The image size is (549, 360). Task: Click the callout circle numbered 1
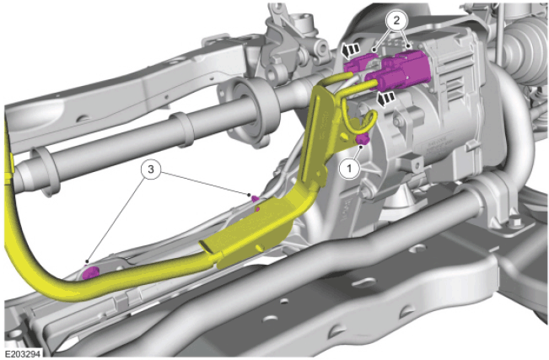click(349, 169)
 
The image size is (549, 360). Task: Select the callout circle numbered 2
click(396, 20)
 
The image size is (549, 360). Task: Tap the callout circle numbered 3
click(151, 169)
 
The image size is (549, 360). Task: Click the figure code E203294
click(23, 353)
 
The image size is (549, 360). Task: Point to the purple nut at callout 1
click(362, 139)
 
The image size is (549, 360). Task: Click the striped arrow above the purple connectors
click(351, 50)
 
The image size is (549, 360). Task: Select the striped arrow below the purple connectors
click(386, 99)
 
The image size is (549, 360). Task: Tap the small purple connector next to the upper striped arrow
click(357, 64)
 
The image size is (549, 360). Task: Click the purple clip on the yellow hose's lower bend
click(90, 272)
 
